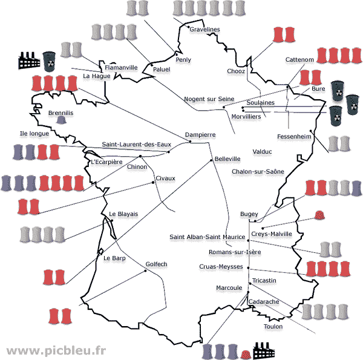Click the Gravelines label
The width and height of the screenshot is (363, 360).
pyautogui.click(x=204, y=30)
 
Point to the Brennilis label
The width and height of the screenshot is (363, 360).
pyautogui.click(x=60, y=113)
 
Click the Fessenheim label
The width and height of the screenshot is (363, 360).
pyautogui.click(x=294, y=136)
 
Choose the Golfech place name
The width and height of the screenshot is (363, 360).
pyautogui.click(x=157, y=264)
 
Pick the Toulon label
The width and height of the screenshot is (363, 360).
pyautogui.click(x=273, y=327)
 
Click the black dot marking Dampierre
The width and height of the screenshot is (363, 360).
pyautogui.click(x=190, y=142)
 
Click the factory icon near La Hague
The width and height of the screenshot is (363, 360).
pyautogui.click(x=28, y=60)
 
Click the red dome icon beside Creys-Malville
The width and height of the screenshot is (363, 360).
pyautogui.click(x=319, y=215)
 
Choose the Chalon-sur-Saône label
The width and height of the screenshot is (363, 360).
pyautogui.click(x=258, y=172)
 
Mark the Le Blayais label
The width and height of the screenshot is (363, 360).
pyautogui.click(x=123, y=214)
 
